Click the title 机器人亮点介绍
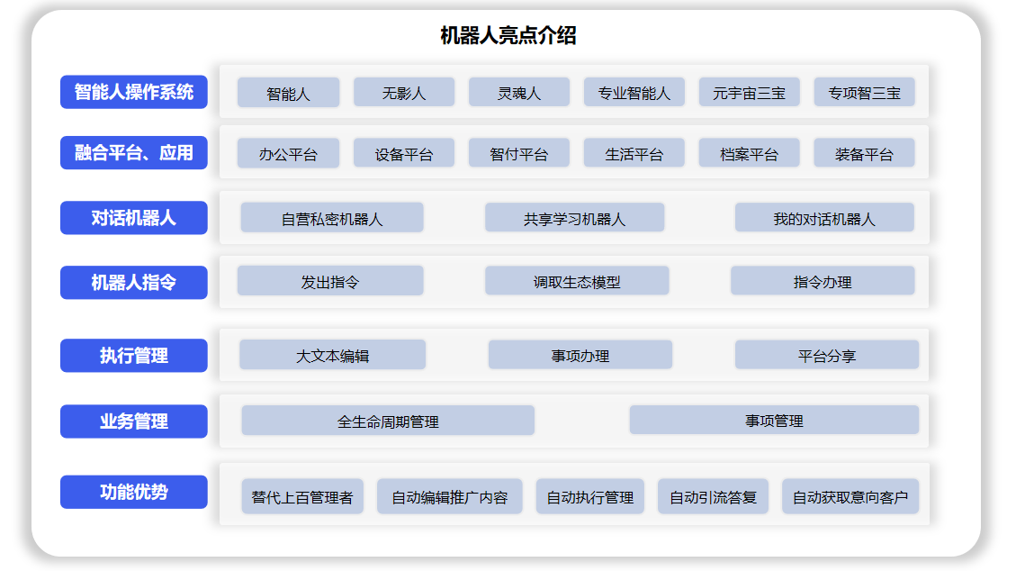click(x=508, y=35)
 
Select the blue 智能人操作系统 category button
click(x=134, y=92)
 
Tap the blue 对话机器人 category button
click(x=134, y=218)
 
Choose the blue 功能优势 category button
click(x=134, y=492)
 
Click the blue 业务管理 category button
click(x=134, y=421)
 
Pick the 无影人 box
click(x=404, y=93)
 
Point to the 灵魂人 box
click(x=519, y=93)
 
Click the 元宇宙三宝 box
click(x=749, y=93)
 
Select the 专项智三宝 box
click(x=865, y=93)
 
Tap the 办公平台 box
click(x=288, y=154)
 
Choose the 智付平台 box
click(x=519, y=154)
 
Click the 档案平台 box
click(x=749, y=154)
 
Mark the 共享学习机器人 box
click(x=575, y=218)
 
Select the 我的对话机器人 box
click(x=824, y=218)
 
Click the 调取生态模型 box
click(x=577, y=281)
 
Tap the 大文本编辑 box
click(x=332, y=355)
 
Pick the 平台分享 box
click(x=827, y=355)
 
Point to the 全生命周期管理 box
click(x=388, y=421)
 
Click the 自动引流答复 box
click(x=713, y=497)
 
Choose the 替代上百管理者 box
click(x=302, y=497)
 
